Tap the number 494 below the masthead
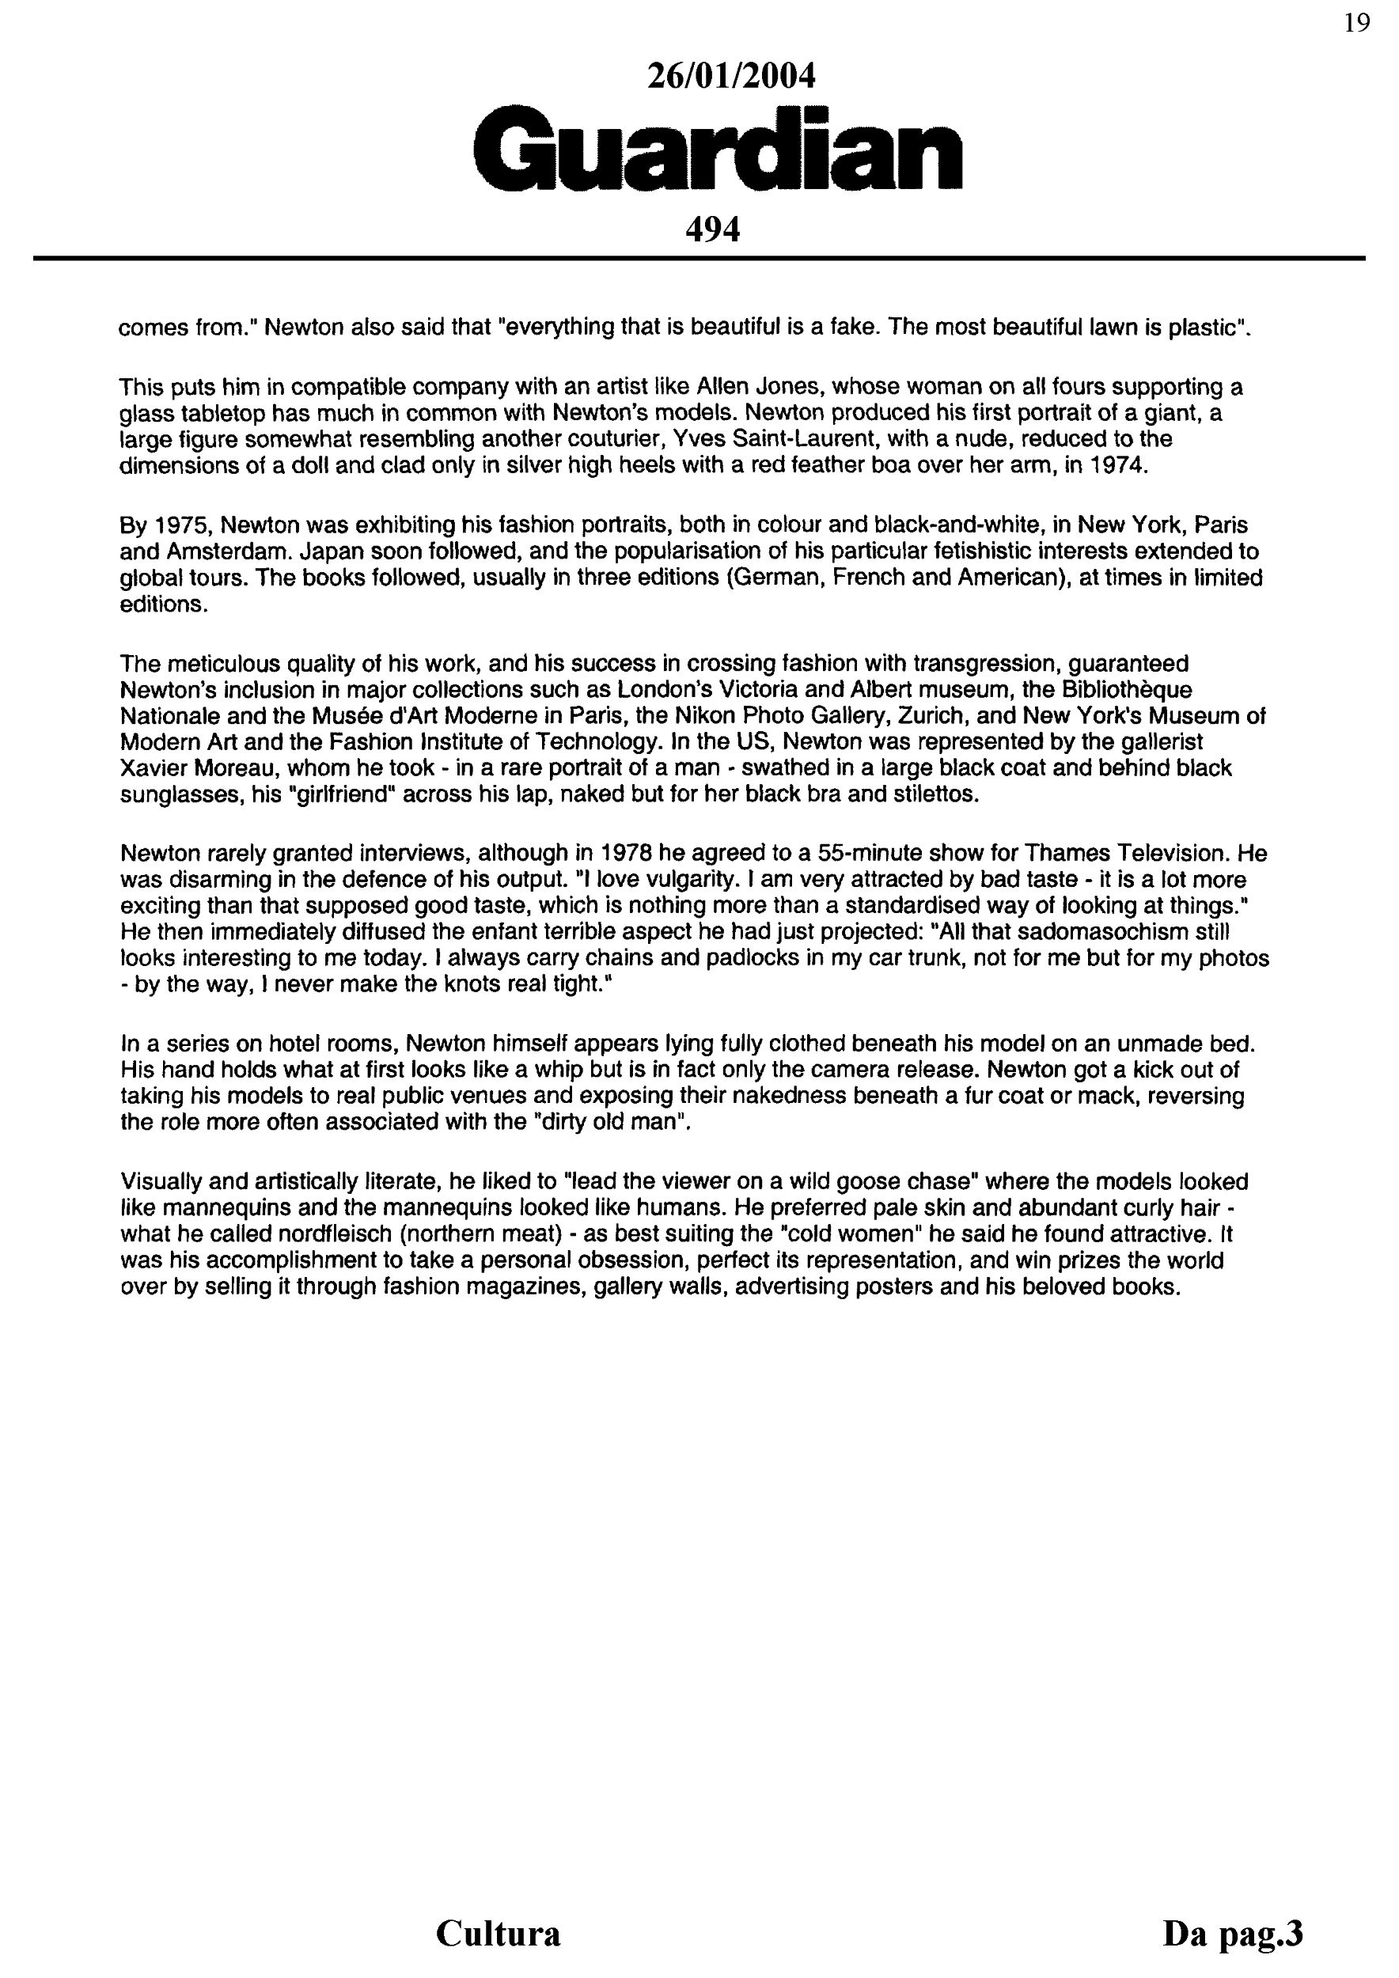coord(711,229)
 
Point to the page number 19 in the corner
coord(1356,23)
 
